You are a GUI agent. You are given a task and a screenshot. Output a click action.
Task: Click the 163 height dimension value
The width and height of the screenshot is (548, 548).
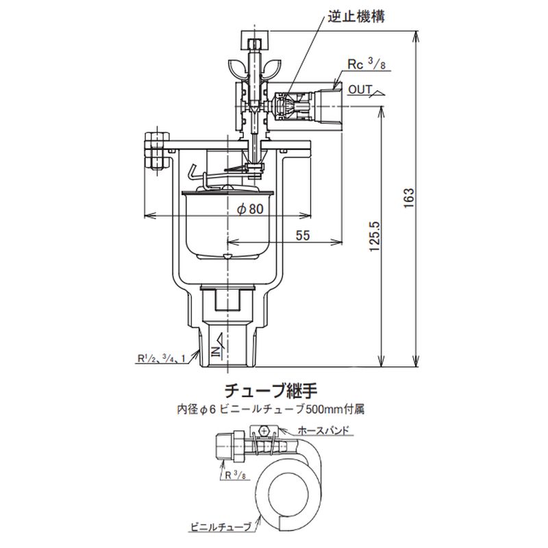[x=409, y=197]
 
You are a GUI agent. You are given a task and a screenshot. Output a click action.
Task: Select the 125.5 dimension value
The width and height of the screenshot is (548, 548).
[x=374, y=237]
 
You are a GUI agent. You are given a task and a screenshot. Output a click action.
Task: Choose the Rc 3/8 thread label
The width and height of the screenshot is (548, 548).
[x=366, y=64]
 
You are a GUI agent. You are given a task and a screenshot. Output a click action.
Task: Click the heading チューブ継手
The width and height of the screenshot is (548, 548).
[x=273, y=393]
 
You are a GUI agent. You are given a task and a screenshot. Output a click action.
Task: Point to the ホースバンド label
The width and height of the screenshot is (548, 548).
[x=325, y=431]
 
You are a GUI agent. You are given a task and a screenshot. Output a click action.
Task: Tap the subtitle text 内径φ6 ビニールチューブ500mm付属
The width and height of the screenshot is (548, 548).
[x=273, y=411]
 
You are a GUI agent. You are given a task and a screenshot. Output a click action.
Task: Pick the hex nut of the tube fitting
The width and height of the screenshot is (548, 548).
[x=226, y=447]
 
